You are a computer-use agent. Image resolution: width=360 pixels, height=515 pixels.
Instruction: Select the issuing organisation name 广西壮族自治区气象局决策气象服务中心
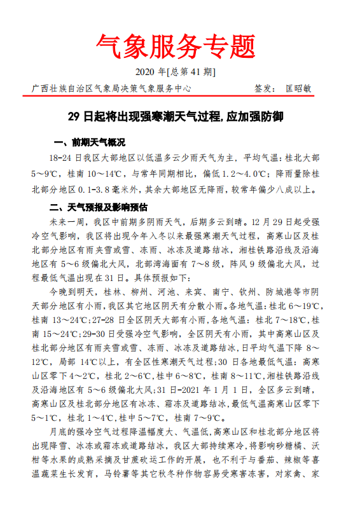pyautogui.click(x=111, y=88)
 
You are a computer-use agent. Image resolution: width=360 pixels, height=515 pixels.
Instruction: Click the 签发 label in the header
pyautogui.click(x=264, y=88)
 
